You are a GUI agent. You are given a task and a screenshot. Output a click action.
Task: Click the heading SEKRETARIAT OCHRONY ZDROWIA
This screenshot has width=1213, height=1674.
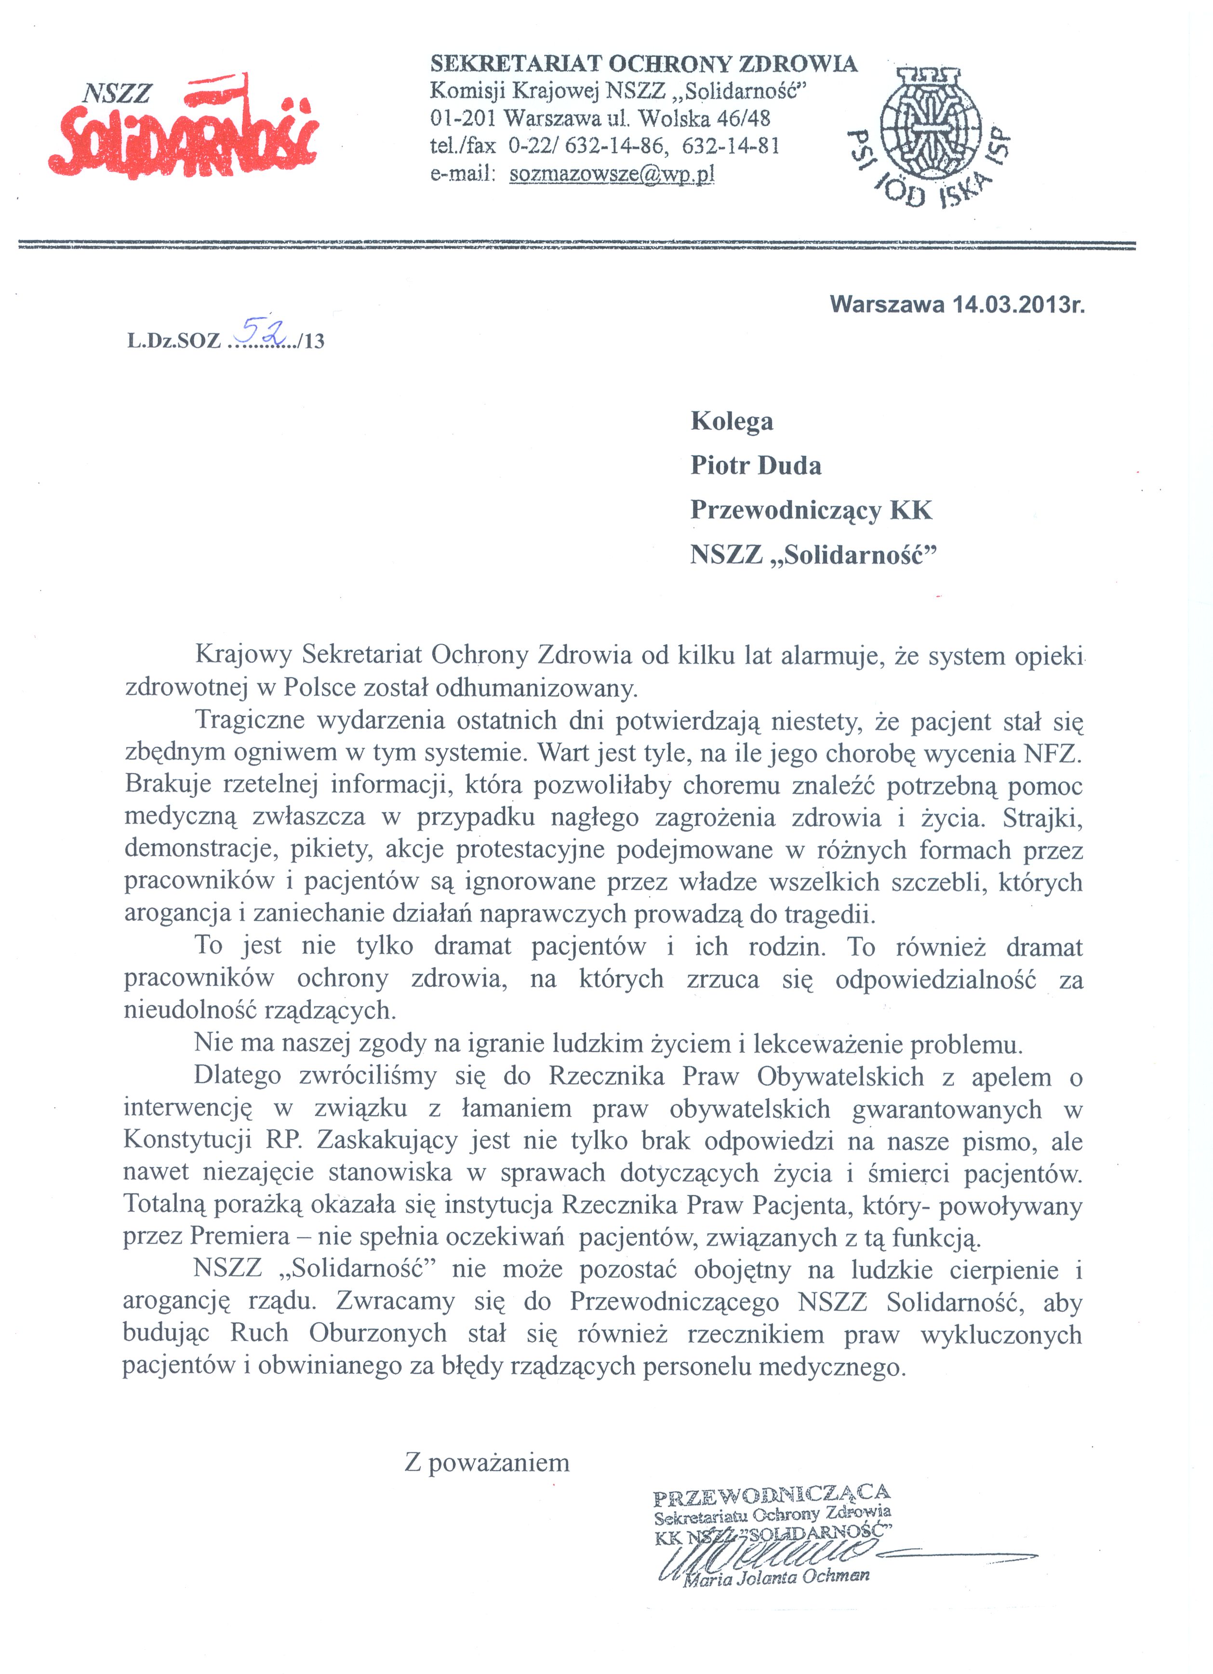click(x=643, y=64)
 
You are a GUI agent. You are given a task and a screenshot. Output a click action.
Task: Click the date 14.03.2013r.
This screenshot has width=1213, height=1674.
click(x=1018, y=304)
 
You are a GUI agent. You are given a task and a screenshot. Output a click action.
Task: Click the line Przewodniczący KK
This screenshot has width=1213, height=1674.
click(x=811, y=510)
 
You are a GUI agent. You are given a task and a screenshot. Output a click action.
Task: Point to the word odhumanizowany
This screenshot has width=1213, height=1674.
click(x=535, y=688)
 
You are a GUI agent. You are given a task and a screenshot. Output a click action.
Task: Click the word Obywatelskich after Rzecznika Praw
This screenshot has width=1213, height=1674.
click(x=840, y=1077)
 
